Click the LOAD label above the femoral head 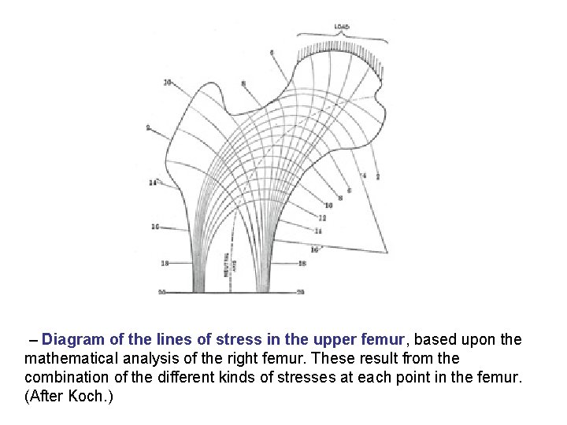click(x=342, y=28)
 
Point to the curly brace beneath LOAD click(x=342, y=35)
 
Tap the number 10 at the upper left click(x=168, y=82)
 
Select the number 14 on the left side click(x=153, y=183)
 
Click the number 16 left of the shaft click(x=155, y=227)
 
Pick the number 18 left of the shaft click(x=164, y=263)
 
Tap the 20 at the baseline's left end click(x=162, y=292)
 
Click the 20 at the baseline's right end click(x=300, y=292)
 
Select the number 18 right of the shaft click(x=302, y=264)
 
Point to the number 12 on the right click(x=322, y=217)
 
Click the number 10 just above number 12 click(x=328, y=205)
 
